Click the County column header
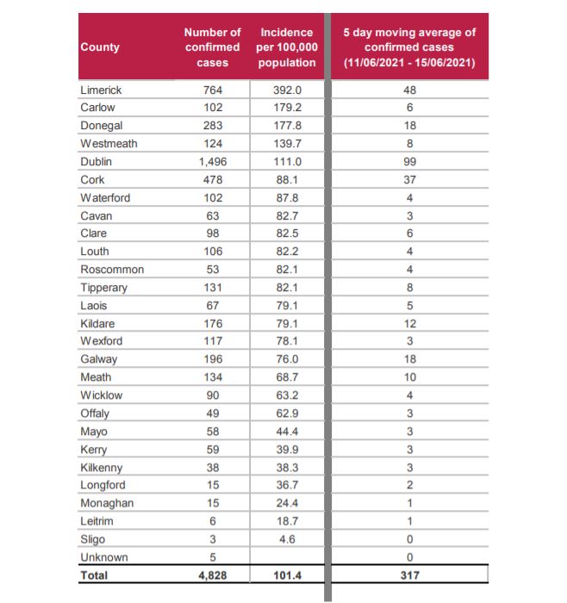coord(100,47)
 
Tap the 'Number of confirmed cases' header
coord(212,47)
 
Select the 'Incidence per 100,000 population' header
coord(287,47)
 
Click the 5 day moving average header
coord(409,47)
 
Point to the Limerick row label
coord(101,90)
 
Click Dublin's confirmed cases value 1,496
coord(213,162)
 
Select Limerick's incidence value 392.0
coord(287,90)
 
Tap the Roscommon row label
coord(112,269)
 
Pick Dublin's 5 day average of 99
coord(409,162)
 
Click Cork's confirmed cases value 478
coord(213,179)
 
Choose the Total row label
coord(94,575)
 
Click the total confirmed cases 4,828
coord(213,575)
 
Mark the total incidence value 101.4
coord(287,575)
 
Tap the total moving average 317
coord(409,575)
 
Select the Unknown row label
coord(104,557)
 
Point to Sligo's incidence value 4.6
coord(287,539)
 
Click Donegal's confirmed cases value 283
coord(213,126)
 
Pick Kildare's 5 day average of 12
coord(409,323)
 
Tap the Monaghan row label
coord(107,503)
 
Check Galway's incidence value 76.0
coord(287,359)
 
